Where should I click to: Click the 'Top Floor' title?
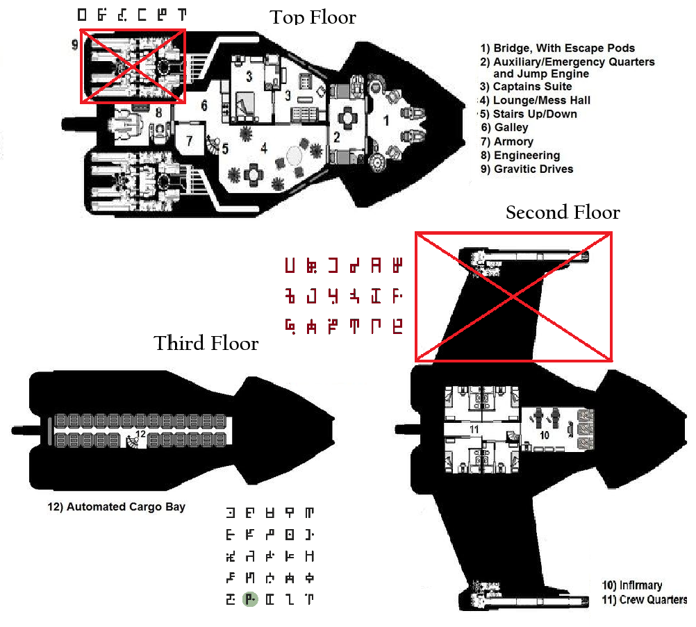(x=313, y=17)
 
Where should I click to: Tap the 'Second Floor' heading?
(x=563, y=212)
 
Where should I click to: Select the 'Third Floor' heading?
(x=206, y=343)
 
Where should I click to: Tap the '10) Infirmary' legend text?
(x=631, y=585)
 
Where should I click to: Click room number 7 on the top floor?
(x=190, y=140)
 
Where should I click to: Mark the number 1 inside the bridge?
(x=387, y=119)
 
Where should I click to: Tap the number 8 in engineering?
(x=159, y=111)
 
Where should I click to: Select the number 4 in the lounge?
(x=264, y=147)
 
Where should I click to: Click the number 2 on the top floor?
(x=337, y=137)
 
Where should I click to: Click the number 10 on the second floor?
(x=545, y=435)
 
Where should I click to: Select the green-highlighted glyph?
(x=250, y=599)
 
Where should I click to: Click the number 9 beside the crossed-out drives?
(x=74, y=45)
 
